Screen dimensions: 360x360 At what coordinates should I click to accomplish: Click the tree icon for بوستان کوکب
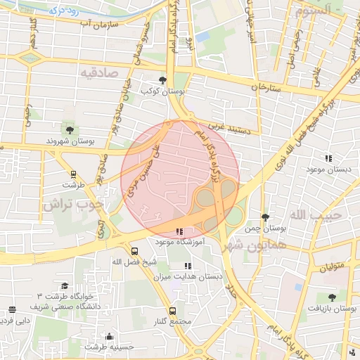tap(164, 80)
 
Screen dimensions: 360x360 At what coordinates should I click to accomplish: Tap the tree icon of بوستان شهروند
tap(69, 129)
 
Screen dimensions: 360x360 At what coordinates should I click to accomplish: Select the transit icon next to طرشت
tap(73, 174)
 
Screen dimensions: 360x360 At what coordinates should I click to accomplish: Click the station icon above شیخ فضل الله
tap(134, 251)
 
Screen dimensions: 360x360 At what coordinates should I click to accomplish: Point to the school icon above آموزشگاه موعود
tap(179, 231)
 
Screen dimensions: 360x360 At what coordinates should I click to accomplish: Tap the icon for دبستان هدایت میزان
tap(187, 266)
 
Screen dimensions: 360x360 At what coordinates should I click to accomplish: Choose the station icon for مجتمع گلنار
tap(173, 310)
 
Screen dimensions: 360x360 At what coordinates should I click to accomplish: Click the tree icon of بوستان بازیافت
tap(332, 298)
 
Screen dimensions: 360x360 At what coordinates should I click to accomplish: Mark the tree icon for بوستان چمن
tap(264, 217)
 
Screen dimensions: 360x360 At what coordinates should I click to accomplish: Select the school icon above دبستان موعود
tap(328, 158)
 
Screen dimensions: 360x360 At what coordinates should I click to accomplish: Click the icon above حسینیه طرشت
tap(108, 336)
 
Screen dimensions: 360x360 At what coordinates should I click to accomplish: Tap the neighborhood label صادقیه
tap(97, 72)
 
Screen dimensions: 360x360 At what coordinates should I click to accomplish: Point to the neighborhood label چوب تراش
tap(72, 205)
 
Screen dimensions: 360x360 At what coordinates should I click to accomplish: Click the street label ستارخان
tap(265, 88)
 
